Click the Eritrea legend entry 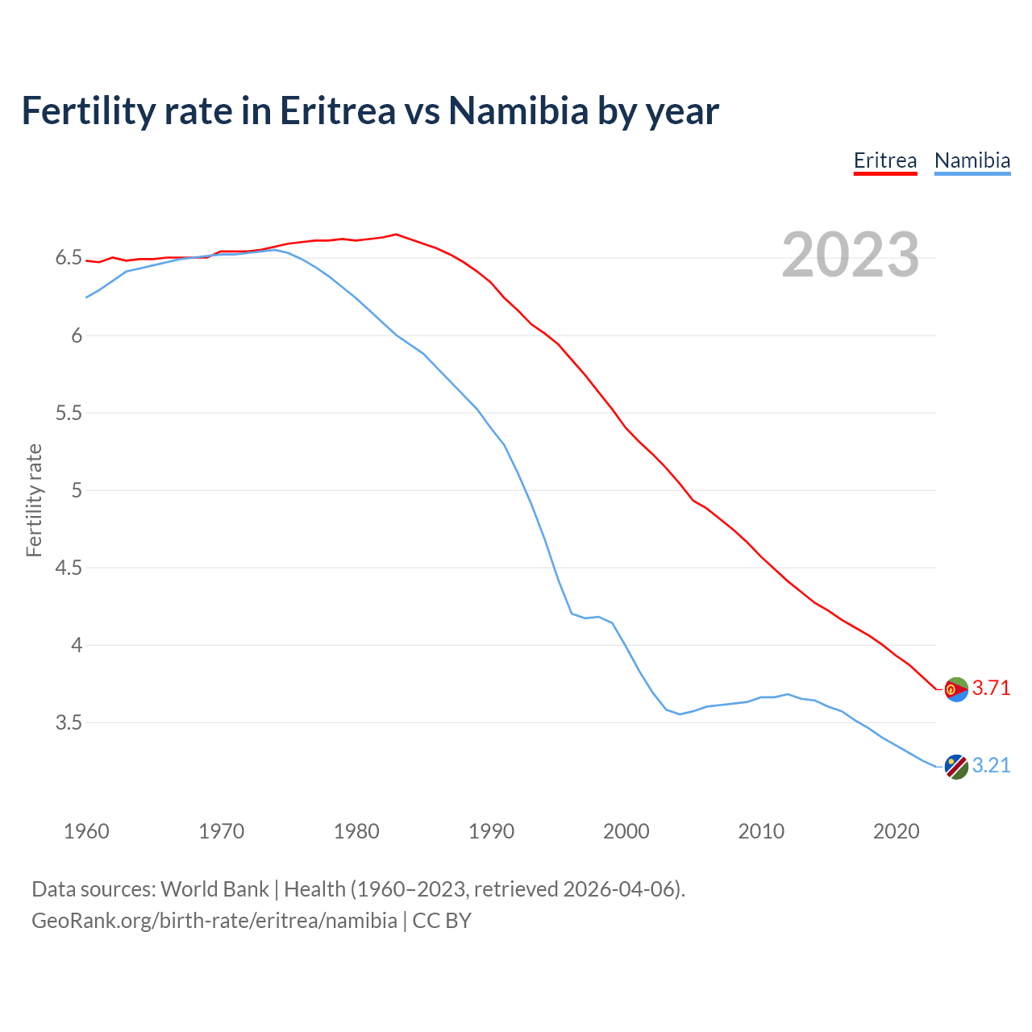point(885,160)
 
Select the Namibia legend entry point(972,160)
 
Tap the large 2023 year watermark point(850,255)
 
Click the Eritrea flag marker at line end point(955,689)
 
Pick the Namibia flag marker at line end point(955,767)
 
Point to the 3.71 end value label point(991,689)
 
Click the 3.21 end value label point(991,766)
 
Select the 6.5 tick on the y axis point(69,258)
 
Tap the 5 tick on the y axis point(77,490)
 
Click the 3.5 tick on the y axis point(69,722)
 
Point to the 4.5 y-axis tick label point(69,568)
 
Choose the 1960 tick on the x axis point(86,831)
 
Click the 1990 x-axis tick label point(491,831)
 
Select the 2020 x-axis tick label point(896,831)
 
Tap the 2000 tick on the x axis point(626,831)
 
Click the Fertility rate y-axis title point(34,500)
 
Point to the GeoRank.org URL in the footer point(214,921)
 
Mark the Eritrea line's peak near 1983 point(396,235)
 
